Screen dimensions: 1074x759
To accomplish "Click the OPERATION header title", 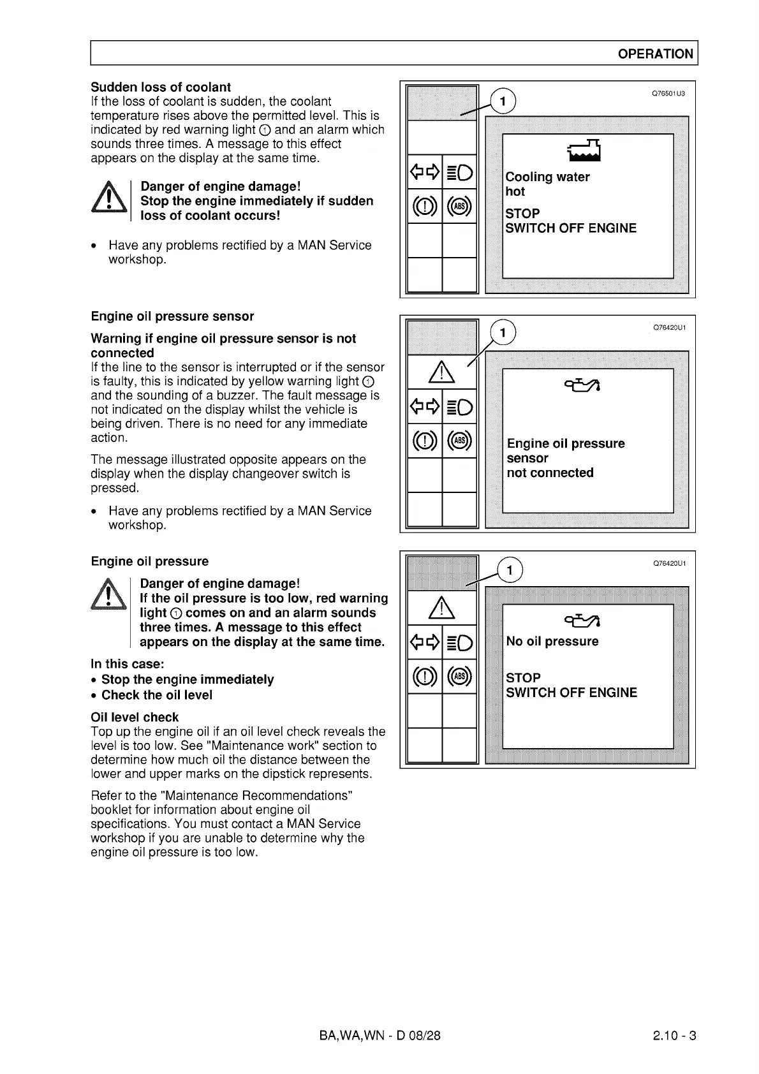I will pyautogui.click(x=655, y=54).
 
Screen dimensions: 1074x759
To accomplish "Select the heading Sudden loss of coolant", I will pyautogui.click(x=161, y=87).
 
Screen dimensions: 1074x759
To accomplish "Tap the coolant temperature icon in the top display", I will pyautogui.click(x=584, y=151).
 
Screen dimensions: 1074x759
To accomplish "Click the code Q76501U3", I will pyautogui.click(x=668, y=94).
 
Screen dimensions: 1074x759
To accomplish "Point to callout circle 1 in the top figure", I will pyautogui.click(x=503, y=101).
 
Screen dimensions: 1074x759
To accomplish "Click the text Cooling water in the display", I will pyautogui.click(x=547, y=177).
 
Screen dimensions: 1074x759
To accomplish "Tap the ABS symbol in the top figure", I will pyautogui.click(x=459, y=206).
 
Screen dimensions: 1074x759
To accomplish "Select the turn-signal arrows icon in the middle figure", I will pyautogui.click(x=425, y=406).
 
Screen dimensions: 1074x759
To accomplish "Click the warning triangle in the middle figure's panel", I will pyautogui.click(x=441, y=372).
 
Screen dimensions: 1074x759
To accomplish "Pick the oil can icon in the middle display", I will pyautogui.click(x=581, y=384).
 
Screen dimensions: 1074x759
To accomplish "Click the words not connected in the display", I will pyautogui.click(x=550, y=473).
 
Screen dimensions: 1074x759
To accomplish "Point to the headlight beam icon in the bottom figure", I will pyautogui.click(x=459, y=642).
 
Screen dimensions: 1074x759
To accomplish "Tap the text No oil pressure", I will pyautogui.click(x=552, y=641).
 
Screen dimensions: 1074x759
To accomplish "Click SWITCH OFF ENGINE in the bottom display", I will pyautogui.click(x=571, y=693).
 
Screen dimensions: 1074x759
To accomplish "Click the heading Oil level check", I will pyautogui.click(x=135, y=717).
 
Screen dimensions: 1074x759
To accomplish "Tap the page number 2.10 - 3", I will pyautogui.click(x=674, y=1035).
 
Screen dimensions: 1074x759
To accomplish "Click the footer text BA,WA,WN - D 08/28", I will pyautogui.click(x=379, y=1035).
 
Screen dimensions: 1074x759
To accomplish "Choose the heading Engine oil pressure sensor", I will pyautogui.click(x=172, y=316).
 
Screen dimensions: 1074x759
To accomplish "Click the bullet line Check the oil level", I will pyautogui.click(x=157, y=695).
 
